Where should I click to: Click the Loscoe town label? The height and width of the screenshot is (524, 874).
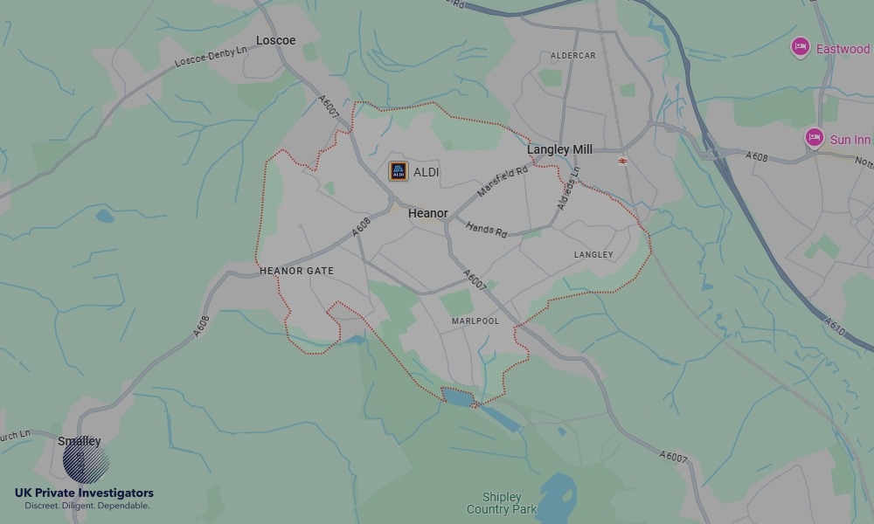click(275, 40)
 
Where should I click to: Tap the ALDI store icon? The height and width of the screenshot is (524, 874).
click(399, 172)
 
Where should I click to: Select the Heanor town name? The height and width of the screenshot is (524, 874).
click(428, 213)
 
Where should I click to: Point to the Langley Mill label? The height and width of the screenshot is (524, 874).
click(559, 149)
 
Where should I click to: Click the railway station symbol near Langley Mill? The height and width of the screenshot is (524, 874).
click(622, 161)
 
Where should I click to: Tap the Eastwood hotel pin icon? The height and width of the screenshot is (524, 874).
click(800, 47)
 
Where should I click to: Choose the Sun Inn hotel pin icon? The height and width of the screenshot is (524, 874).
click(815, 137)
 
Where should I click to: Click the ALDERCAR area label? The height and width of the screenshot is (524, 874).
click(572, 56)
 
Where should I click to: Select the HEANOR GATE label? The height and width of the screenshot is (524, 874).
click(296, 271)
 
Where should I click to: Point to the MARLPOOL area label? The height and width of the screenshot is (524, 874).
click(475, 321)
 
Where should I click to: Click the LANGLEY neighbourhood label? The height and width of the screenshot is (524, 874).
click(593, 255)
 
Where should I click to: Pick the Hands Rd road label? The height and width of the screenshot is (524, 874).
click(486, 230)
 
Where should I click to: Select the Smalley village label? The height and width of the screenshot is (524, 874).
click(80, 441)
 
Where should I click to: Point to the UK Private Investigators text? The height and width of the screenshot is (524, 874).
click(84, 493)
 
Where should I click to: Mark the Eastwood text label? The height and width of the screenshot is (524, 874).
click(843, 49)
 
